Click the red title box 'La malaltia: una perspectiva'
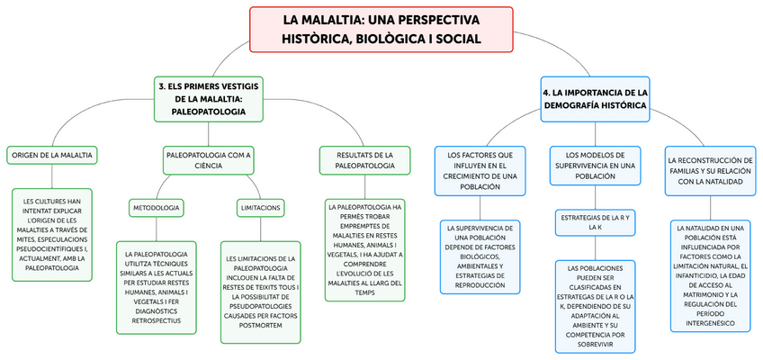click(381, 29)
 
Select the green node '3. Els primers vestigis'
click(209, 98)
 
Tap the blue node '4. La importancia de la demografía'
click(595, 98)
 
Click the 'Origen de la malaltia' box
click(53, 155)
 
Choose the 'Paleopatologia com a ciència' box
click(208, 160)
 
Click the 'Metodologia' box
click(156, 208)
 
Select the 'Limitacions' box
click(261, 208)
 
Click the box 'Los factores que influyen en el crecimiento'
click(480, 170)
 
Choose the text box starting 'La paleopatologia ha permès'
click(364, 247)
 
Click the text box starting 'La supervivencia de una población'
click(480, 256)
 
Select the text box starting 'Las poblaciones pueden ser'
click(595, 306)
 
